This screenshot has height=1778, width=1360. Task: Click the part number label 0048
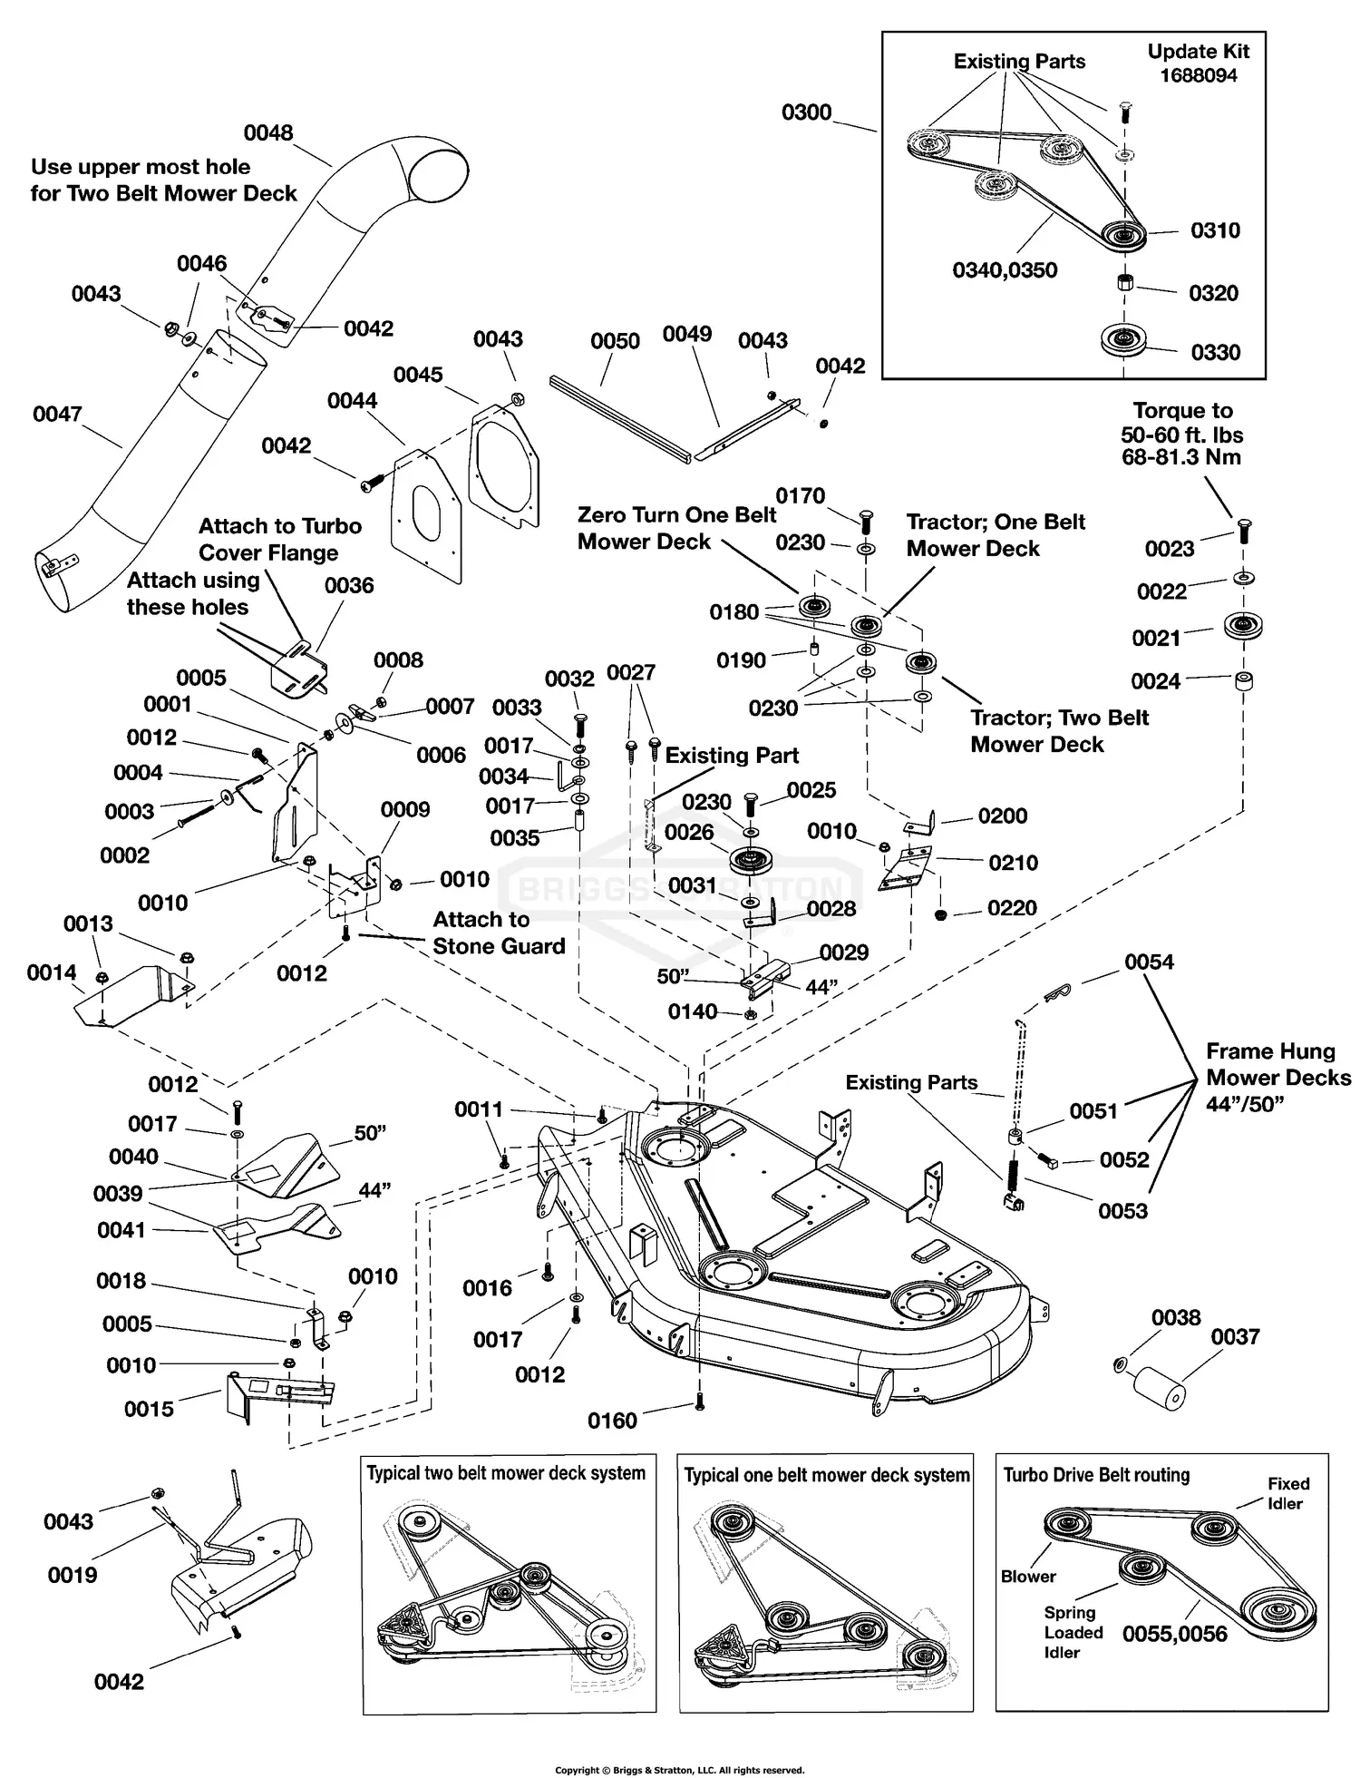point(268,132)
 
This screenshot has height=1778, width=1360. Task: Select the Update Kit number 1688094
point(1199,75)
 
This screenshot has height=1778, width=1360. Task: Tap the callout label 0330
point(1215,352)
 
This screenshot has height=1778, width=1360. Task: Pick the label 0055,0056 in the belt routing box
point(1174,1634)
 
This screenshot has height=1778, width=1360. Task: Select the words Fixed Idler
point(1287,1493)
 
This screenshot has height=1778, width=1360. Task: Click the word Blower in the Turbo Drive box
point(1028,1577)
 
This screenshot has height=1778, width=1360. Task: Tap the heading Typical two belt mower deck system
point(506,1473)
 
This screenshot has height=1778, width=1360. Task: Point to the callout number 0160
point(613,1421)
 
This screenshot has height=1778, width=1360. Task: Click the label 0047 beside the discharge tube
point(57,414)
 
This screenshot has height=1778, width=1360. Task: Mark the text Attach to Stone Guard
point(498,933)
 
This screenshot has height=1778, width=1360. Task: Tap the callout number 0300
point(806,112)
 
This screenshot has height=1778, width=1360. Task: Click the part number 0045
point(418,375)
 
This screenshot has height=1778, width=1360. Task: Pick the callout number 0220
point(1012,908)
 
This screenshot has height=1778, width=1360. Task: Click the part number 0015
point(149,1409)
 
